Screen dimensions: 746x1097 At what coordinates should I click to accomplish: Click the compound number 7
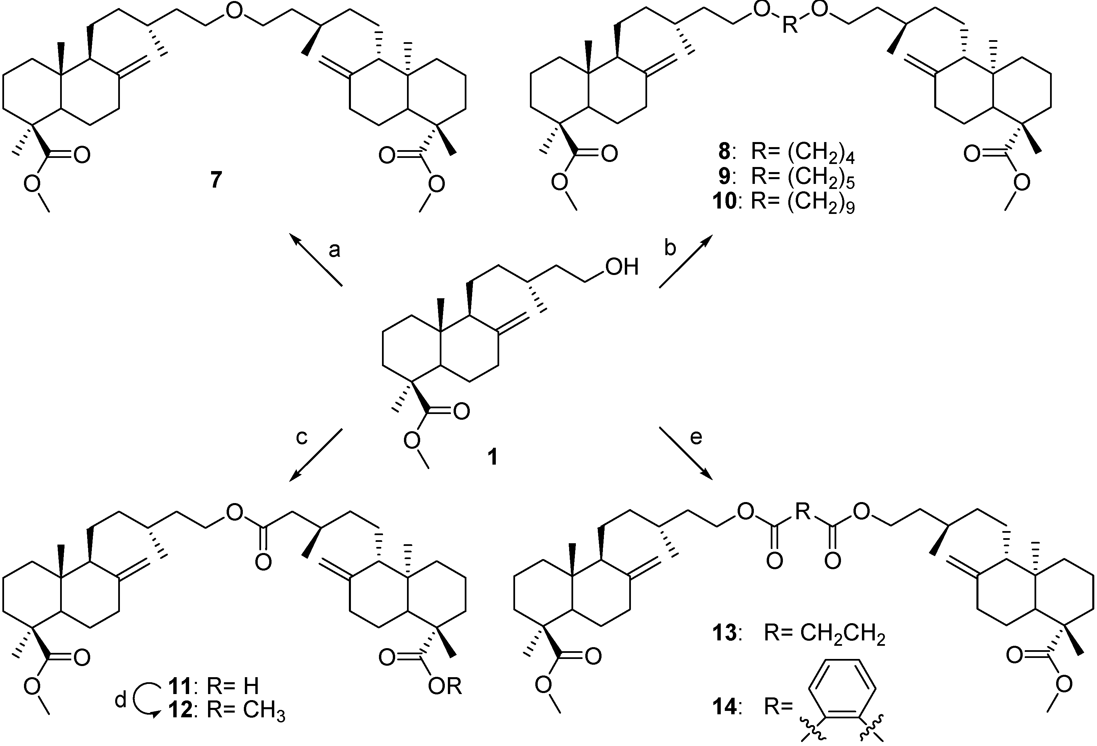(x=216, y=180)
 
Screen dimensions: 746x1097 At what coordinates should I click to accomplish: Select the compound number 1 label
(x=492, y=457)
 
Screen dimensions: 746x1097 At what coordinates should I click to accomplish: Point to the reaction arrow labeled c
(x=315, y=455)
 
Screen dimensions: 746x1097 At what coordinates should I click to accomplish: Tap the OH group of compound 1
(x=622, y=267)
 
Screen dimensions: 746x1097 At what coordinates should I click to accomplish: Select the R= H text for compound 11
(x=232, y=687)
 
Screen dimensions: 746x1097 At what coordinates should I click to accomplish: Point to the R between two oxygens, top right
(x=790, y=25)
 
